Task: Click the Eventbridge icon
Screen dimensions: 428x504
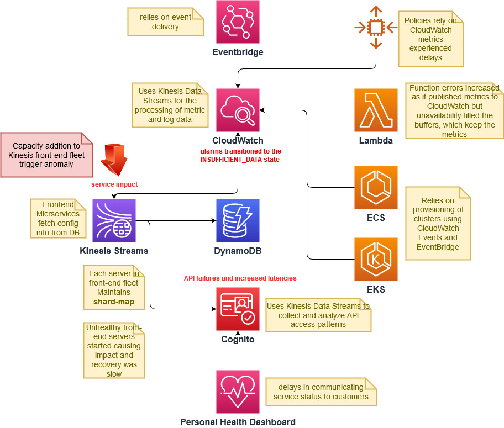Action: pos(238,22)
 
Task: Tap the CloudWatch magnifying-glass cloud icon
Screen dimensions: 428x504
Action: pos(238,110)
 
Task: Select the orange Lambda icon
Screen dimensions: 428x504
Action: pos(376,110)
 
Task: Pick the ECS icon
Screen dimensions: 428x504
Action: pos(376,188)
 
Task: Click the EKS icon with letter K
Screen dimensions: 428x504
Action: pos(376,259)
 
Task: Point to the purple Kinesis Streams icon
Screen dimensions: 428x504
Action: pos(114,220)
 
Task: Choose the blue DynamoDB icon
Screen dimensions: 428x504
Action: pos(238,220)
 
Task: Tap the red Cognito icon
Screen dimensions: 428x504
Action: pos(238,309)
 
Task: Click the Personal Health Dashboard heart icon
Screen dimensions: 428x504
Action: pos(238,392)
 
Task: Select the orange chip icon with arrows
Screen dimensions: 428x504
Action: pos(376,27)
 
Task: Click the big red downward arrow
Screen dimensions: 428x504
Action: pos(114,157)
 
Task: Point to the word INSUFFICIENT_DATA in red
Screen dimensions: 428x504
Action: pos(240,159)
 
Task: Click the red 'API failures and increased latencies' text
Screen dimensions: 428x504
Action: pos(240,278)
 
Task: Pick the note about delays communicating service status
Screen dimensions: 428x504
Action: pos(321,392)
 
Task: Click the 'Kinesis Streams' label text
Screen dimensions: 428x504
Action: pos(114,251)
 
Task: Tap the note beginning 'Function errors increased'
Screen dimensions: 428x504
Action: pos(454,110)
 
